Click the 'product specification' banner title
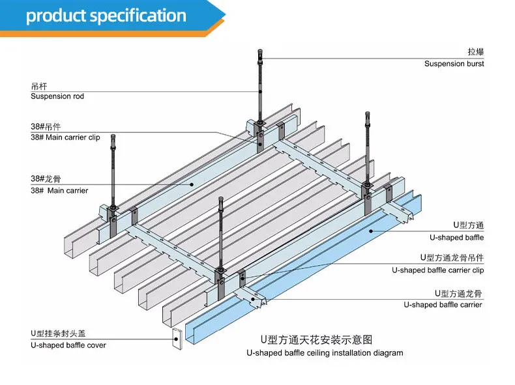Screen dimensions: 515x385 [x=106, y=16]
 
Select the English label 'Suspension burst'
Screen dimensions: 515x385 [x=454, y=64]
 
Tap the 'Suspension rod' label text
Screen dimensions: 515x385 [x=57, y=96]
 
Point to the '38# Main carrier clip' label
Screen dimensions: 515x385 [x=65, y=137]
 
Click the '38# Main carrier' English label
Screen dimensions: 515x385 [x=59, y=190]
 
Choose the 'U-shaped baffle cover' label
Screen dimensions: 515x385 [x=68, y=345]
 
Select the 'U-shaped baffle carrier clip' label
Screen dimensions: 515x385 [x=438, y=270]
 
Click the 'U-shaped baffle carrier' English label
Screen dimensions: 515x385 [x=443, y=305]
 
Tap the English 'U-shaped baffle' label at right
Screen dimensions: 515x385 [x=456, y=237]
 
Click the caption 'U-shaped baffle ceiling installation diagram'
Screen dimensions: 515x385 [x=325, y=353]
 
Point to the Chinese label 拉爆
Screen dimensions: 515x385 [x=476, y=51]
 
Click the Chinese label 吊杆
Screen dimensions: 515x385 [x=39, y=87]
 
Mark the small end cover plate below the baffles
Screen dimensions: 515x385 [x=177, y=339]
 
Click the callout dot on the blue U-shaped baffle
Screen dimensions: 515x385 [x=371, y=231]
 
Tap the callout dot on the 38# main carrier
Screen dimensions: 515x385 [x=192, y=184]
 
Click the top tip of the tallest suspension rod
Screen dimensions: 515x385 [x=260, y=50]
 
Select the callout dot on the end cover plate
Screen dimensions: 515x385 [x=177, y=339]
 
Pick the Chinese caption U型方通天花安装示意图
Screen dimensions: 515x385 [x=317, y=339]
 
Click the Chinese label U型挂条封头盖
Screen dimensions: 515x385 [x=58, y=334]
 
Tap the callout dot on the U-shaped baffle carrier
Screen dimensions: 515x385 [x=253, y=299]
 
